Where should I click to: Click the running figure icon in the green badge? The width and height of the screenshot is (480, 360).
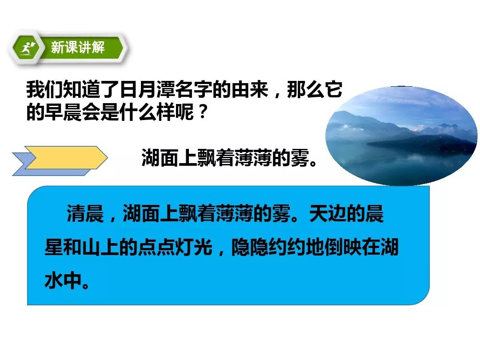[28, 48]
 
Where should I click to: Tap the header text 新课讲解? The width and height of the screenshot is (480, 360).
[78, 48]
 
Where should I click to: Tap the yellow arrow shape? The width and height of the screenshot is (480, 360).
[66, 157]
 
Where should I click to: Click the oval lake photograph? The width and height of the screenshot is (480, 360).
[401, 136]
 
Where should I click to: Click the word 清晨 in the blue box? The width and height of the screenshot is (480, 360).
[85, 213]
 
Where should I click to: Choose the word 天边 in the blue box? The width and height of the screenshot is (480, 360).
[328, 213]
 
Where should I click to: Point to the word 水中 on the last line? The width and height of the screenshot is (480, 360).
[63, 280]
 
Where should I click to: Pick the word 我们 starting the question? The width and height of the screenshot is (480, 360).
[45, 90]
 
